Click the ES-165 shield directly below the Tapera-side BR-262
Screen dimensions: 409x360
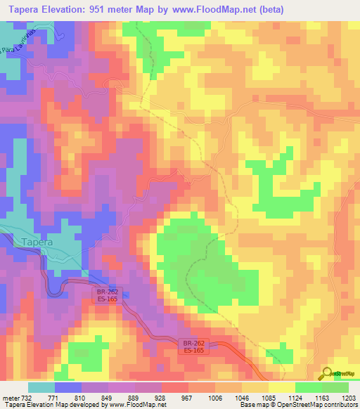107,299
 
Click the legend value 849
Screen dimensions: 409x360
108,397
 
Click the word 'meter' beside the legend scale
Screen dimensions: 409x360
11,397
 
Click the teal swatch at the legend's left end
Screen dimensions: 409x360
41,387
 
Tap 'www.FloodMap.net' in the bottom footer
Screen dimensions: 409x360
134,405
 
